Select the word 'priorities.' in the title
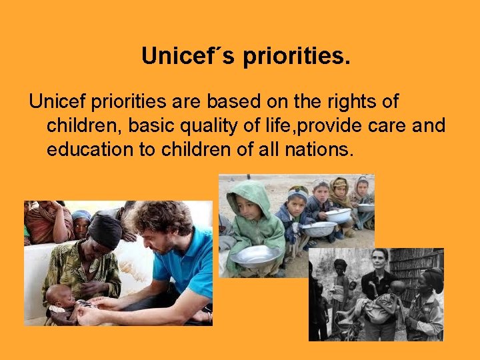pyautogui.click(x=296, y=57)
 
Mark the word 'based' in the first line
pyautogui.click(x=228, y=102)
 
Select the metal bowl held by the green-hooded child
pyautogui.click(x=256, y=255)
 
